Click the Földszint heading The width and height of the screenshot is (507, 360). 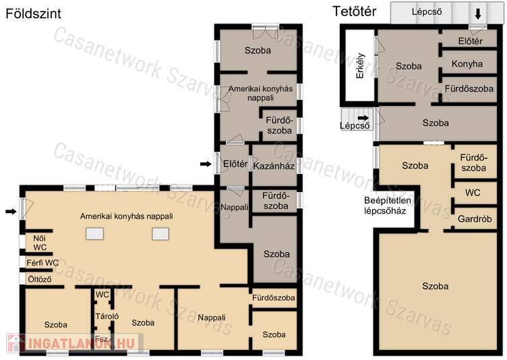tap(33, 13)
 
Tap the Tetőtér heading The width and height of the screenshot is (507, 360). tap(354, 11)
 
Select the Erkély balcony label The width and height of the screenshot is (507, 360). tap(360, 65)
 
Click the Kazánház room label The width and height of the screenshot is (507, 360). tap(274, 167)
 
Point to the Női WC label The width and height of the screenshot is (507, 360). tap(40, 243)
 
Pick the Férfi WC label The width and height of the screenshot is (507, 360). tap(42, 263)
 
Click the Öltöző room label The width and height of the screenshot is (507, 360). tap(40, 279)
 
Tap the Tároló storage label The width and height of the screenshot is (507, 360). tap(107, 316)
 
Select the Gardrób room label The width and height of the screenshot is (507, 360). tap(475, 219)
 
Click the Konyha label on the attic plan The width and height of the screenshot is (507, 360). tap(467, 64)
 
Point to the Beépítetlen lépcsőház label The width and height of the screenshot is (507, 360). tap(388, 206)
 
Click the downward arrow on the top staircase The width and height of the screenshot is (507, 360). tap(478, 13)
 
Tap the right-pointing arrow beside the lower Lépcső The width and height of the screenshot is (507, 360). tap(363, 118)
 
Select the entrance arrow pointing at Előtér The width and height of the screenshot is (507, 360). tap(206, 164)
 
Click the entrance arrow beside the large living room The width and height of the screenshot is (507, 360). tap(11, 212)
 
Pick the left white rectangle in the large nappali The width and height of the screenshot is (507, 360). tap(95, 233)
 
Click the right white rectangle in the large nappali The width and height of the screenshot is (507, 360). tap(160, 233)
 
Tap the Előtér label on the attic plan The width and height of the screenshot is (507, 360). tap(470, 41)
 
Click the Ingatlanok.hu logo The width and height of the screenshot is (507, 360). tap(74, 343)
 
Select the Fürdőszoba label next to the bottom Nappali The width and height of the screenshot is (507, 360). tap(274, 297)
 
